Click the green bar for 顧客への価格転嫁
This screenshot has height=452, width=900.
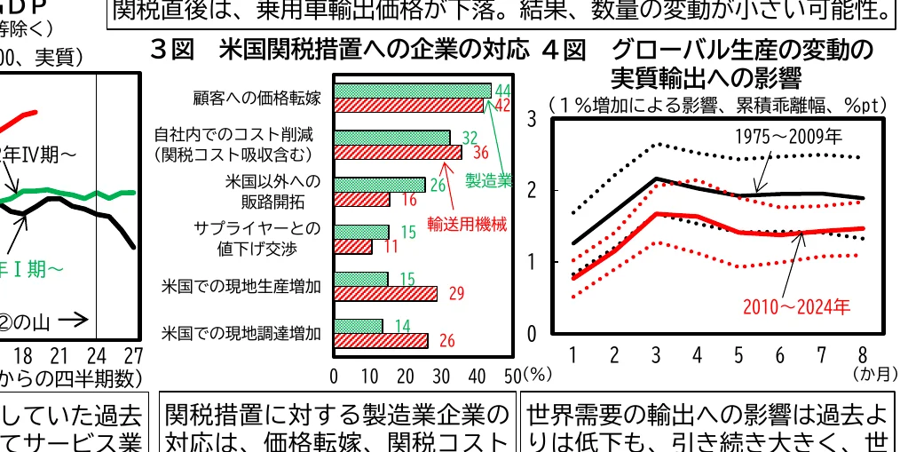coord(412,91)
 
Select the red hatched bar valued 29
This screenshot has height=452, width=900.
coord(385,293)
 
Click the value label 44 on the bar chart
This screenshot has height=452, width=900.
coord(502,91)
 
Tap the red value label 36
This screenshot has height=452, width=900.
coord(480,153)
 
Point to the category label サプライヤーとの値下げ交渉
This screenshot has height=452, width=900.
coord(257,239)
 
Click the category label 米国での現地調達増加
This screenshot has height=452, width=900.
coord(241,334)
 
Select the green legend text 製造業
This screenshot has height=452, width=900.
coord(489,180)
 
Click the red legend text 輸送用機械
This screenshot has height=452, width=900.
coord(467,224)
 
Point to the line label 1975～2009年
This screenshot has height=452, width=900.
coord(788,137)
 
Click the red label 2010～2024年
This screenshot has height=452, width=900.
coord(796,306)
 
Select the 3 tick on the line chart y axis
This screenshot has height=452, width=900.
coord(531,119)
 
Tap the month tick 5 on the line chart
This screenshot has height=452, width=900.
coord(738,356)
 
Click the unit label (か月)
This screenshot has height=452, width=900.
coord(873,377)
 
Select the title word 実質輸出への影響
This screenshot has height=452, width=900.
coord(706,75)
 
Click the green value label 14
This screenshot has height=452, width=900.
coord(401,326)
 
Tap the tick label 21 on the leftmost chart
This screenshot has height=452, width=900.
coord(59,356)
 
